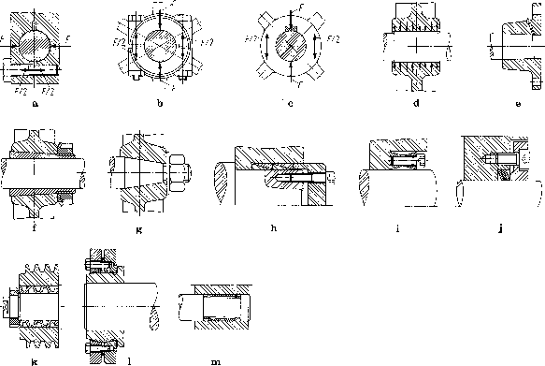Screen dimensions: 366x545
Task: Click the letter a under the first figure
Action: pyautogui.click(x=35, y=104)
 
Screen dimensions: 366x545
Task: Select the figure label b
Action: pyautogui.click(x=161, y=104)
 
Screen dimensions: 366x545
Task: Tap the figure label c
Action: pyautogui.click(x=291, y=104)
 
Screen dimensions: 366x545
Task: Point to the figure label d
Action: pyautogui.click(x=415, y=104)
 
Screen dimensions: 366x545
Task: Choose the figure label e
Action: pyautogui.click(x=517, y=104)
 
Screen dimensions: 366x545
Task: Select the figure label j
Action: pyautogui.click(x=501, y=228)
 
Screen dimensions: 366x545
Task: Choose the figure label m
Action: pyautogui.click(x=218, y=357)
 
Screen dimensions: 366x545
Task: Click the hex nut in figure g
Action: pyautogui.click(x=178, y=173)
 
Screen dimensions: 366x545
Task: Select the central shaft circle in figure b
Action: pyautogui.click(x=161, y=45)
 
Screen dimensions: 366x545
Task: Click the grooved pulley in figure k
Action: pyautogui.click(x=36, y=303)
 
